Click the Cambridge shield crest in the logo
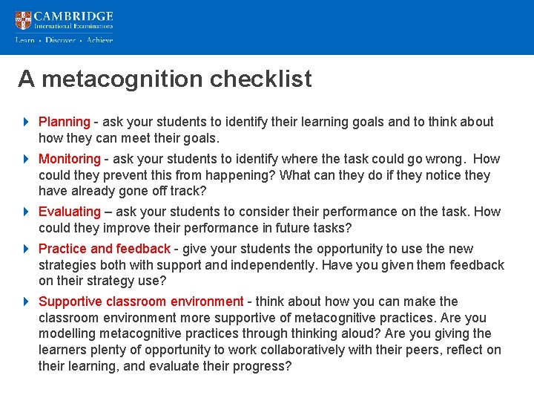23,20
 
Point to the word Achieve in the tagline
99,40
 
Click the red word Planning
64,122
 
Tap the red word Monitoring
69,159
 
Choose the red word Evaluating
69,212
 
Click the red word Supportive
70,301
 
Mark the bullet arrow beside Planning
26,122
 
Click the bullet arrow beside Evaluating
26,212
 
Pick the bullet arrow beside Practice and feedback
26,249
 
